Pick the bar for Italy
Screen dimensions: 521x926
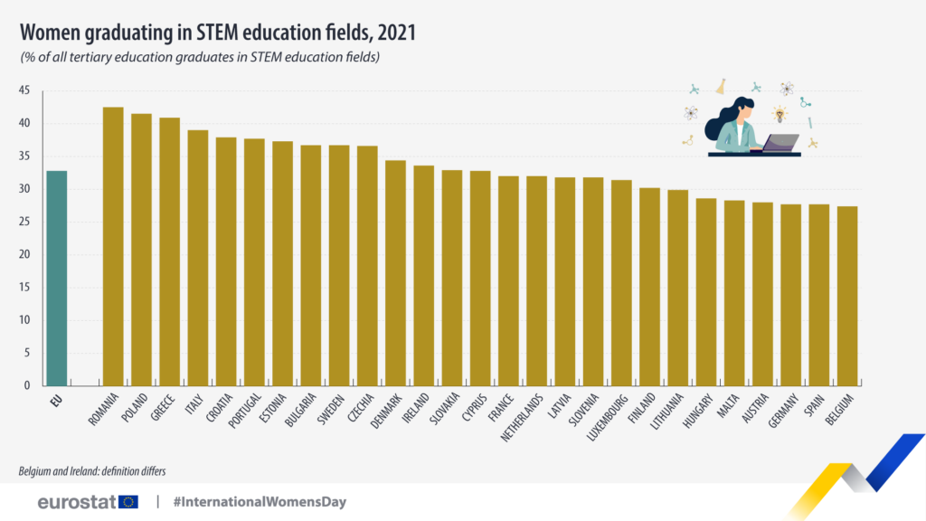[197, 258]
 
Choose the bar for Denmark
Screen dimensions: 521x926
[395, 272]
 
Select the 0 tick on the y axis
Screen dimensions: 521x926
[27, 385]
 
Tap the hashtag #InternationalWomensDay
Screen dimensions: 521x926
[260, 501]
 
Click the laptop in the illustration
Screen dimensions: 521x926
[780, 143]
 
